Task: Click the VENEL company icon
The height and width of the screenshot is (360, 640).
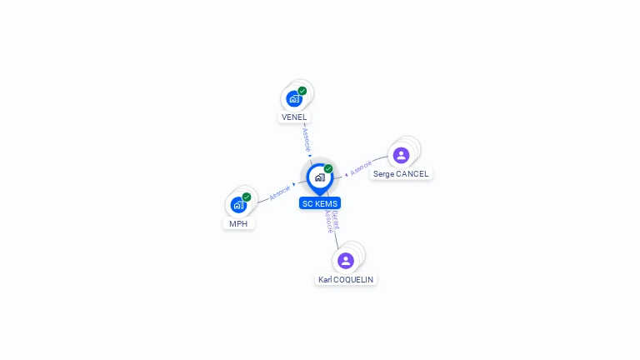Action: click(293, 99)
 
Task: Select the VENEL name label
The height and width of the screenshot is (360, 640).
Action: click(294, 117)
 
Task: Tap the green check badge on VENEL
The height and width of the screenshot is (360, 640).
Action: click(302, 91)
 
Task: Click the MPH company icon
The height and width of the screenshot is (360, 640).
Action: click(238, 205)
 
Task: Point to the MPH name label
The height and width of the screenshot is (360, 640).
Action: click(238, 223)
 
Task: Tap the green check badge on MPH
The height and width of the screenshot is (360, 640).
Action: click(247, 197)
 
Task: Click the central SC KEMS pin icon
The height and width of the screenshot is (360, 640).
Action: click(319, 177)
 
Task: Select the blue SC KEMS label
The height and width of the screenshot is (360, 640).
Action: click(320, 203)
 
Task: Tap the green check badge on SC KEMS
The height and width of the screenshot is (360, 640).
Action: click(328, 168)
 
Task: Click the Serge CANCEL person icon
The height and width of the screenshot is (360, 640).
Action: click(401, 155)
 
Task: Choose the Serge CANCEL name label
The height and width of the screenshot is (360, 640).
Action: click(401, 174)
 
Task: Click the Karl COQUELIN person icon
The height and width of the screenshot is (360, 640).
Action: click(346, 261)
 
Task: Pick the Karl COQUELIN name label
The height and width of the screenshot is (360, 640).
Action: click(346, 280)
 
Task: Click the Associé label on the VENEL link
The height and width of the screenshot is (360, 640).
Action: click(306, 138)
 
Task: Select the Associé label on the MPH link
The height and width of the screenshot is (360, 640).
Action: click(280, 192)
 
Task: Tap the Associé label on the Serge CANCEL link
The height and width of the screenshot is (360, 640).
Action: click(361, 168)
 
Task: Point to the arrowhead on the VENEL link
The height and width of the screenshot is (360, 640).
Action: click(309, 156)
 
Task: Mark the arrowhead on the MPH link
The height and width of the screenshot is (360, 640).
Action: click(294, 184)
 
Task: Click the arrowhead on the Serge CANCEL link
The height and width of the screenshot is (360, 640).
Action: click(346, 174)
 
